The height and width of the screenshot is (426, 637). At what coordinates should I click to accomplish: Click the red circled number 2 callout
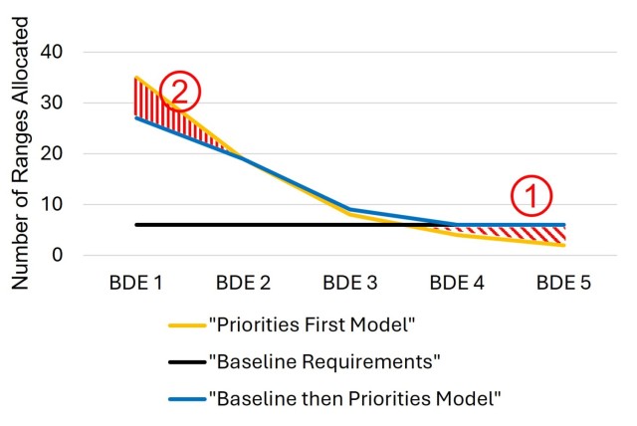coord(180,92)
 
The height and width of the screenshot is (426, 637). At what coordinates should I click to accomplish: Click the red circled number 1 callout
coord(531,195)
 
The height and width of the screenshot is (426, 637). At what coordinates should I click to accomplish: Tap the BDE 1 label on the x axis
coord(135,283)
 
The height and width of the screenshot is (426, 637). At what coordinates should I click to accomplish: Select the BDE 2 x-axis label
coord(243,283)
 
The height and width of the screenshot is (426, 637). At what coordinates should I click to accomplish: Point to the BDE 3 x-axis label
coord(349,283)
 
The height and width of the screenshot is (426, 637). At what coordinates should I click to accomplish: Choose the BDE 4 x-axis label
coord(457,283)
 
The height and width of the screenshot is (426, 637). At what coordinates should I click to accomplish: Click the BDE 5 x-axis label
coord(563,283)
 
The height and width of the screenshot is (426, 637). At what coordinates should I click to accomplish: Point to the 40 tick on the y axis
coord(51,52)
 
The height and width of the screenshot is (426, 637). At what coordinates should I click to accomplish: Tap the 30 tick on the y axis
coord(51,103)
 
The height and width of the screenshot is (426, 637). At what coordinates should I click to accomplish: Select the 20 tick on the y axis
coord(51,153)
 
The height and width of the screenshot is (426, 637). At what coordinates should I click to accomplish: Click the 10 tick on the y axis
coord(51,204)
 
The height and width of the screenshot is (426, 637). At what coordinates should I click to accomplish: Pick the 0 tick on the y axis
coord(58,255)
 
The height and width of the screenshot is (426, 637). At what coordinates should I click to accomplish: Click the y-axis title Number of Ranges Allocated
coord(20,153)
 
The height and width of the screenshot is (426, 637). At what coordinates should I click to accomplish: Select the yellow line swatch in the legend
coord(187,325)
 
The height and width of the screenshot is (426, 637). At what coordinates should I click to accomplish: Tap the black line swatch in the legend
coord(187,362)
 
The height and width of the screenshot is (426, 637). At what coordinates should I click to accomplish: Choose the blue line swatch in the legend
coord(187,399)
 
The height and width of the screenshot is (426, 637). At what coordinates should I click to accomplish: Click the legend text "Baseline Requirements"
coord(324,361)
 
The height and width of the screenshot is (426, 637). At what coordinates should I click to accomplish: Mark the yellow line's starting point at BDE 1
coord(136,78)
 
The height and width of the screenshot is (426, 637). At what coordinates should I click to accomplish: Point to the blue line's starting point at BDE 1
coord(136,117)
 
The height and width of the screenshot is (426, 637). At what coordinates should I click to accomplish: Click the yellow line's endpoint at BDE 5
coord(563,245)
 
